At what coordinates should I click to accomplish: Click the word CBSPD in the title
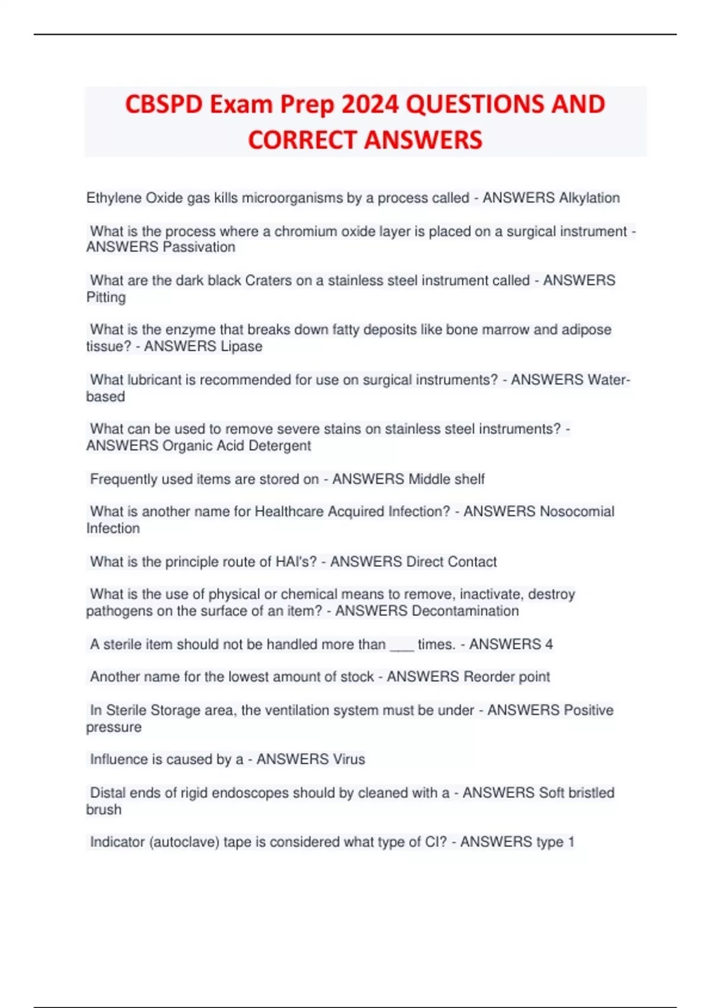pos(164,105)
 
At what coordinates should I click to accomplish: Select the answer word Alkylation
pos(589,198)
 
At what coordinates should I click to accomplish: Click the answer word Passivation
pos(198,247)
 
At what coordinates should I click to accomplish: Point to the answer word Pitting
pos(106,298)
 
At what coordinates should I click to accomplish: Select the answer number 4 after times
pos(549,645)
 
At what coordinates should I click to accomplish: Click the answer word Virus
pos(349,760)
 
